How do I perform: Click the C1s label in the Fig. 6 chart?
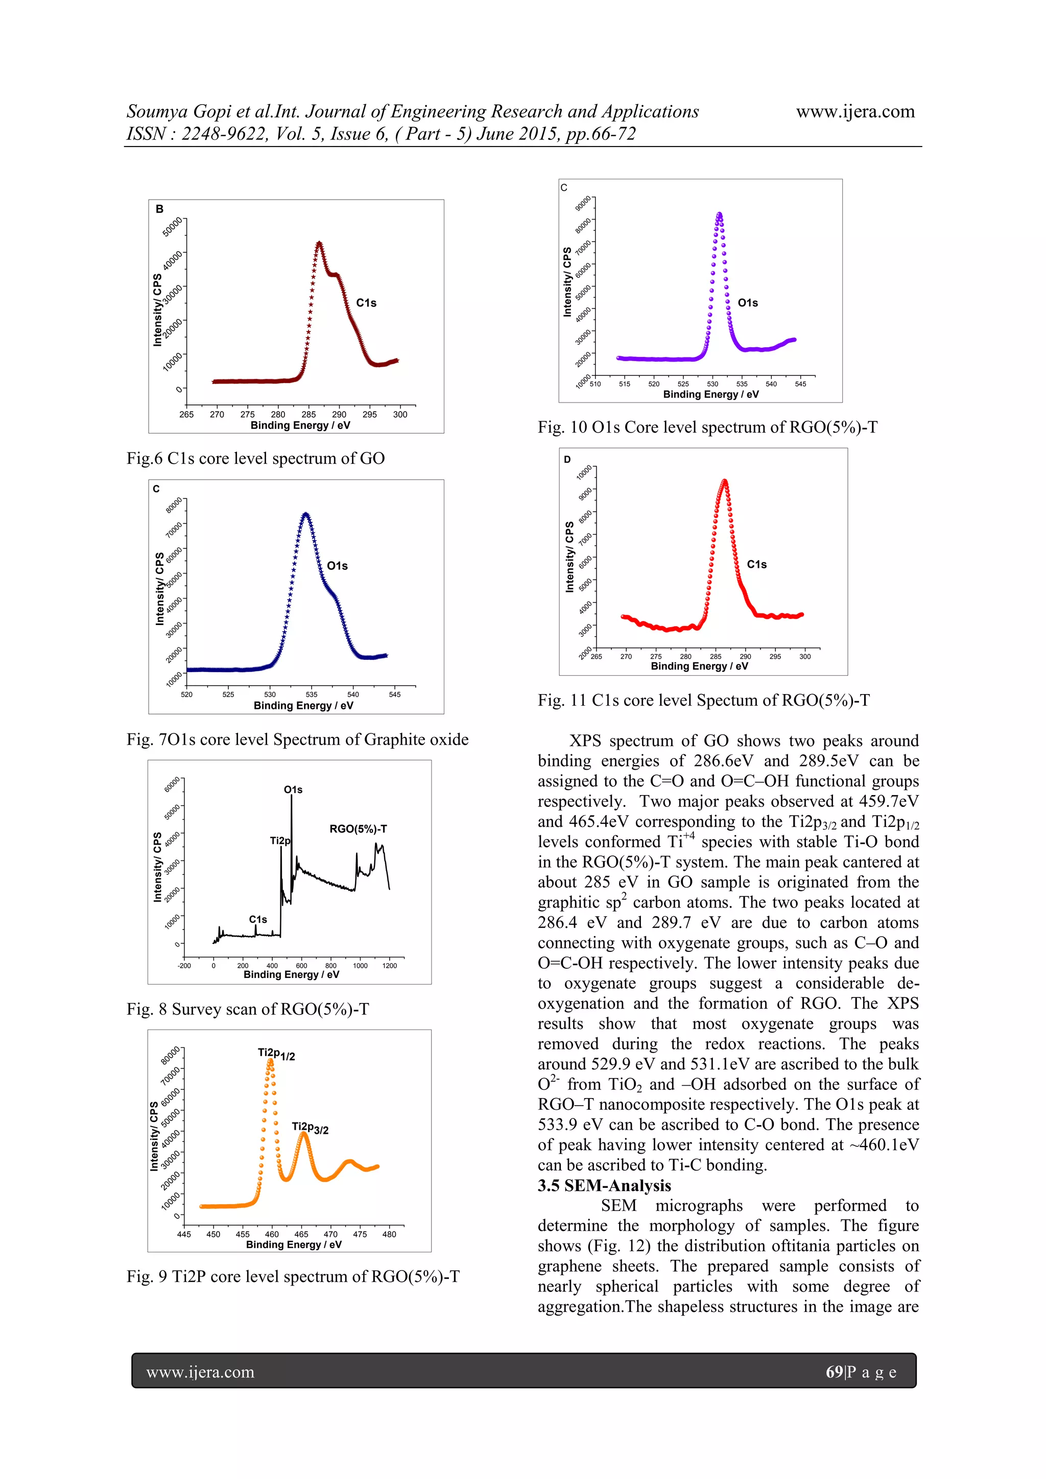[367, 303]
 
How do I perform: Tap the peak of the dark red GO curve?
[319, 244]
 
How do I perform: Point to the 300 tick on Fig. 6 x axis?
[400, 414]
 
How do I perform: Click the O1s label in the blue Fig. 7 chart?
[338, 565]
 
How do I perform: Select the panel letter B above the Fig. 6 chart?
[160, 209]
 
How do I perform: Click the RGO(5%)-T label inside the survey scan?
[358, 829]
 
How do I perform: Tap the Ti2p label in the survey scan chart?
[280, 841]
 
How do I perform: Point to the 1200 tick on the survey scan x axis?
[389, 966]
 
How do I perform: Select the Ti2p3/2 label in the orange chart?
[310, 1128]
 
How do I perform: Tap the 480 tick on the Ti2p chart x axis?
[389, 1234]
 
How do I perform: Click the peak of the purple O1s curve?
[720, 214]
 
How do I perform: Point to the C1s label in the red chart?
[757, 564]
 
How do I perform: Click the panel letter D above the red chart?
[567, 459]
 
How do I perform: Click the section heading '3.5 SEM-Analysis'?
[604, 1186]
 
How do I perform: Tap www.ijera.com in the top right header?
[855, 111]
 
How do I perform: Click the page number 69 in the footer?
[834, 1372]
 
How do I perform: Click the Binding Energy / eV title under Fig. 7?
[303, 705]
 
